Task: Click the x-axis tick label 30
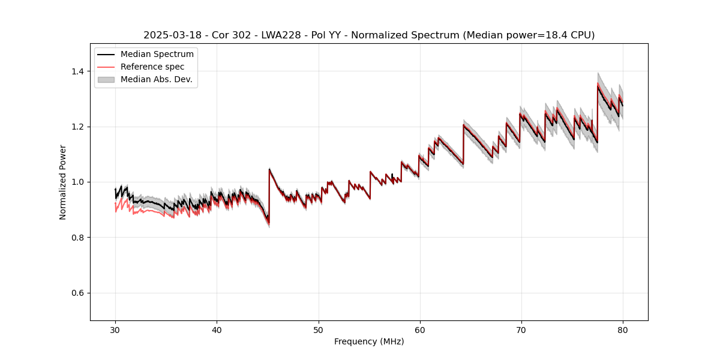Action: [115, 329]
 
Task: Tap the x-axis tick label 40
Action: [217, 329]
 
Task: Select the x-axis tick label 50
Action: [318, 329]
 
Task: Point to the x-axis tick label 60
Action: [419, 329]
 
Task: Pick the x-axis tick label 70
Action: [521, 329]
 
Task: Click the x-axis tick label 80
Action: [622, 329]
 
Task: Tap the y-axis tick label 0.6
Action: [78, 293]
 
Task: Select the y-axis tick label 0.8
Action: [78, 238]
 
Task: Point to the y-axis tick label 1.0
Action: [78, 182]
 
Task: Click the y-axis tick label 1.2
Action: [78, 127]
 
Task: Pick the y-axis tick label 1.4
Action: [78, 71]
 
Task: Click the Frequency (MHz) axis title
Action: [369, 341]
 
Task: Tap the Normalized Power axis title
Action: [63, 182]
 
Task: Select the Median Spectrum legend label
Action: [157, 55]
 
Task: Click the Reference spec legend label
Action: [152, 67]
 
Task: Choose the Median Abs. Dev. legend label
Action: [157, 79]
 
